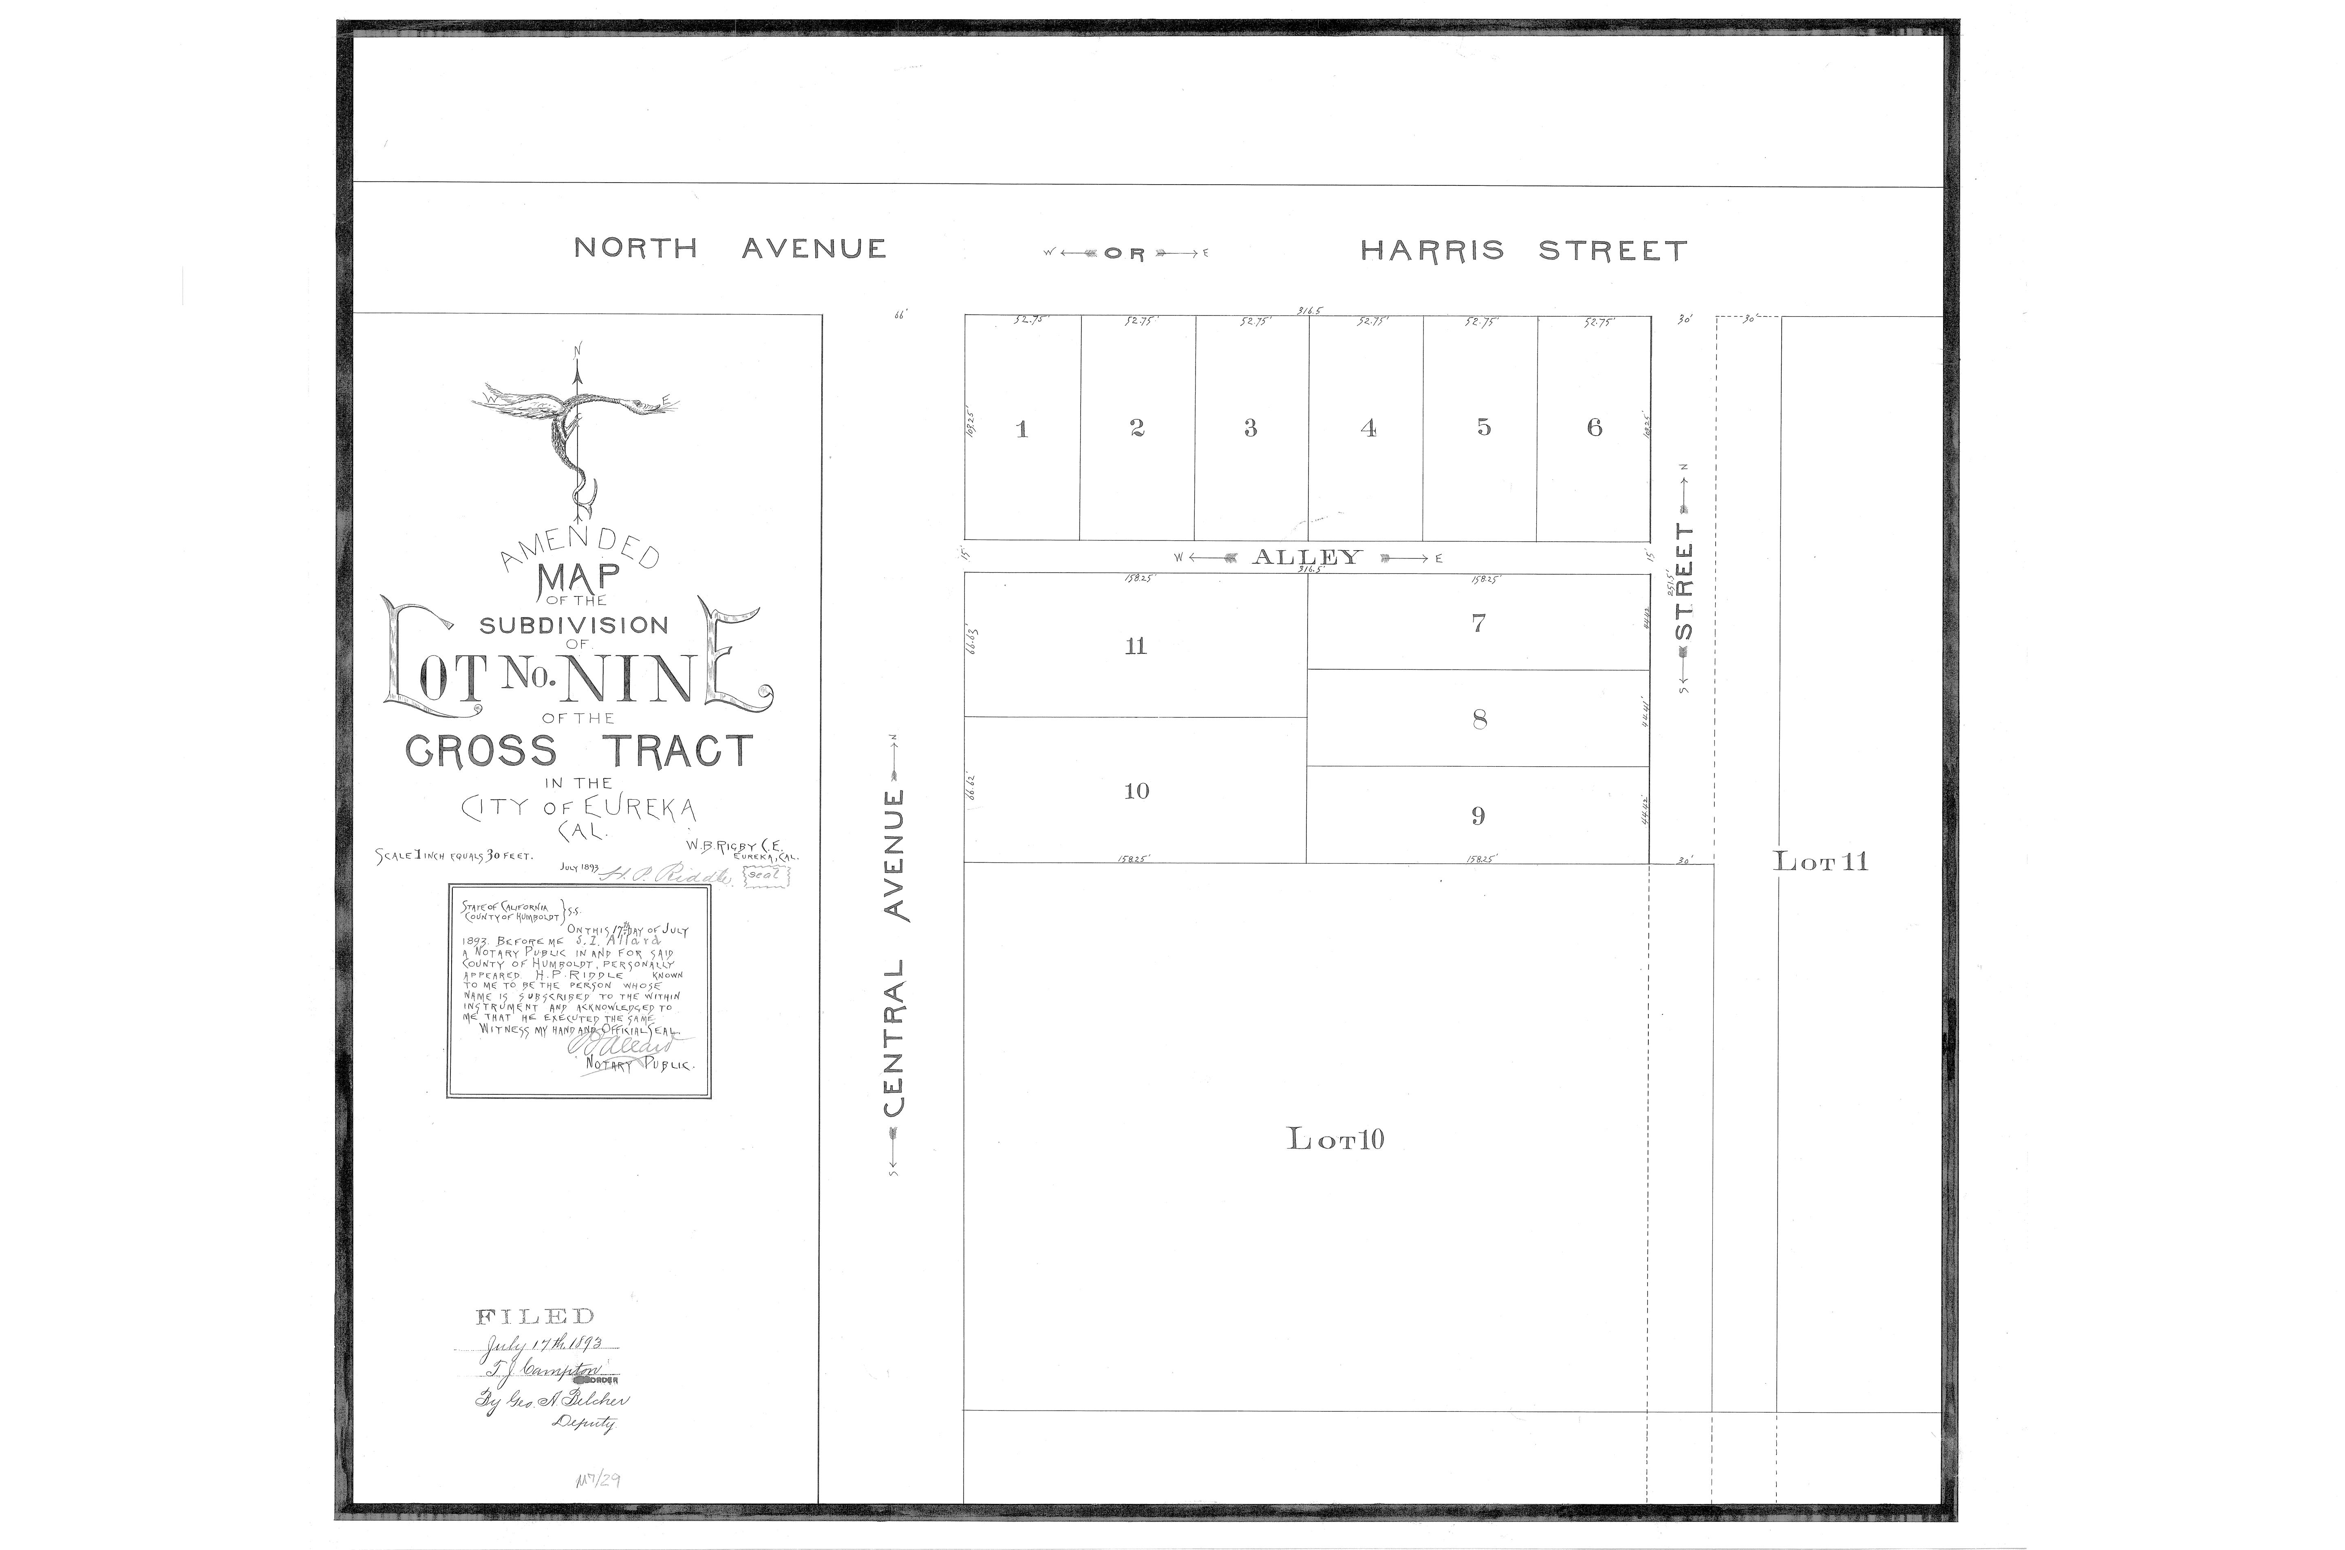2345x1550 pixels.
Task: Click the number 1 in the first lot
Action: [1022, 429]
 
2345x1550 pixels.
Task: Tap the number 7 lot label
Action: [1478, 623]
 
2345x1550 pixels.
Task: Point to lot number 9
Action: [1478, 816]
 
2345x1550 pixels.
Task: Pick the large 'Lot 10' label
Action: [1335, 1139]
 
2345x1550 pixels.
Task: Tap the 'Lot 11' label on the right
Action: [1820, 861]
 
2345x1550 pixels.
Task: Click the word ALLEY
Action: [1307, 558]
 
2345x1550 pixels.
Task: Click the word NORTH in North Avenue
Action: [636, 248]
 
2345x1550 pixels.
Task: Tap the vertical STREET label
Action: [1685, 583]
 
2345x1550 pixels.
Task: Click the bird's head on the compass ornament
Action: [648, 404]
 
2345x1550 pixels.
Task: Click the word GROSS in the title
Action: [481, 751]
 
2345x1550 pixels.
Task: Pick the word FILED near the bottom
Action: [535, 1317]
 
